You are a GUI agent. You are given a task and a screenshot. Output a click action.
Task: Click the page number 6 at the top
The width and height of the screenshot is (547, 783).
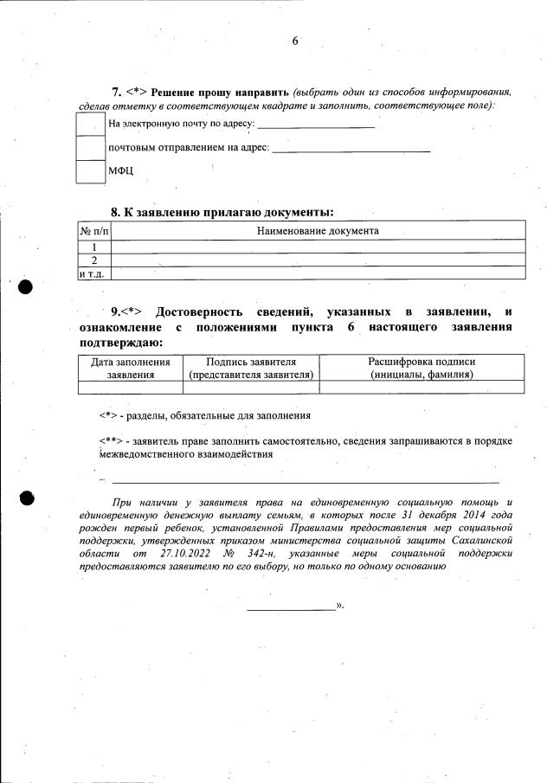295,42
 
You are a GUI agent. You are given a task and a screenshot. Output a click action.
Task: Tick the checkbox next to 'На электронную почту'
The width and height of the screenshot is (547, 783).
90,124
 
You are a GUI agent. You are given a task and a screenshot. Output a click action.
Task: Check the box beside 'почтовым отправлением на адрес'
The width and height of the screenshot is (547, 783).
90,147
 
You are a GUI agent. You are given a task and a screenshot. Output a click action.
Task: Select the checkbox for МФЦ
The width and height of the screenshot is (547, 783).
90,170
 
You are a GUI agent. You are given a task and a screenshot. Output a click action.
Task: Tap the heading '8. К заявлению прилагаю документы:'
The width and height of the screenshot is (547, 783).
222,212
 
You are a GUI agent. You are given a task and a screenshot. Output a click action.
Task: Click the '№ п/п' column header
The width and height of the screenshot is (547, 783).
94,232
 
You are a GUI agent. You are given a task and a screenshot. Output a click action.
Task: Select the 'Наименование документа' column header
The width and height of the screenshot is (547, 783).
319,231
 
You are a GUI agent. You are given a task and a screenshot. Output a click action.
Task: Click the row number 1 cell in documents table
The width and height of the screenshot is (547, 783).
94,247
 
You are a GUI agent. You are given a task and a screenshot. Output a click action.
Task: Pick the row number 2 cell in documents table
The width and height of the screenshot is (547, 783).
94,260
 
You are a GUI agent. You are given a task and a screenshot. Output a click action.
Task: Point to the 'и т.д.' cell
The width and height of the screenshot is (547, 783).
93,273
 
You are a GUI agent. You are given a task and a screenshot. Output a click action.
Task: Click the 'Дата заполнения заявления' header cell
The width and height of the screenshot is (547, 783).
131,368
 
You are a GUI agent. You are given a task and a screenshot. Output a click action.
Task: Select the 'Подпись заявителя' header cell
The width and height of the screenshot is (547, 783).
251,368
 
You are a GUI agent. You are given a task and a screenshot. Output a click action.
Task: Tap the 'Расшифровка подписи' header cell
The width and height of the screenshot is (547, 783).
422,368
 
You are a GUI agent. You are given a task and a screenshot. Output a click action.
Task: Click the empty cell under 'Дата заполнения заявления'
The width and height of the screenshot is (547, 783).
131,388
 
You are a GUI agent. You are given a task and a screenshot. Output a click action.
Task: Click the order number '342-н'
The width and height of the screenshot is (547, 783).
270,552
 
